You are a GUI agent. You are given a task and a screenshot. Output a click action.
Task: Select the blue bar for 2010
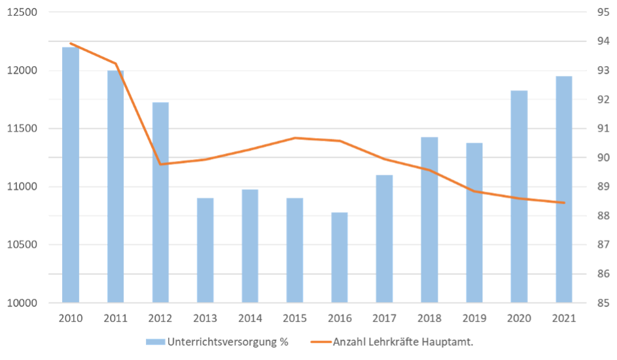pyautogui.click(x=71, y=174)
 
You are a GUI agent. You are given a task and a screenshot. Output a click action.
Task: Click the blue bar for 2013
pyautogui.click(x=205, y=250)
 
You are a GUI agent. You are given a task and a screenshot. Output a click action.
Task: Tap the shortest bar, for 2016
pyautogui.click(x=340, y=257)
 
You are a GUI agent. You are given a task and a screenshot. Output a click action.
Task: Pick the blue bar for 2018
pyautogui.click(x=429, y=219)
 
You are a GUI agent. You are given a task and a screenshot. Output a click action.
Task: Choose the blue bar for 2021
pyautogui.click(x=563, y=189)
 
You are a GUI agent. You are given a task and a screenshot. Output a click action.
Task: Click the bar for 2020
pyautogui.click(x=519, y=196)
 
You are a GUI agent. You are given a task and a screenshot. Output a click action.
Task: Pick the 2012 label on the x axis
pyautogui.click(x=160, y=319)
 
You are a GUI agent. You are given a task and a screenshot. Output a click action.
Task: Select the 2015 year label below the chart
pyautogui.click(x=294, y=319)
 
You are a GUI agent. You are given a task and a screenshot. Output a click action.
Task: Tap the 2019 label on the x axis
pyautogui.click(x=474, y=319)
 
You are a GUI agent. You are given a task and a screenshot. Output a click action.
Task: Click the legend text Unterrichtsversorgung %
pyautogui.click(x=228, y=341)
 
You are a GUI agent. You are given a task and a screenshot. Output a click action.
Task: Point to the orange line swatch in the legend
pyautogui.click(x=317, y=341)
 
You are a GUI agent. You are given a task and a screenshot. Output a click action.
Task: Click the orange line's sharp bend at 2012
pyautogui.click(x=160, y=164)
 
